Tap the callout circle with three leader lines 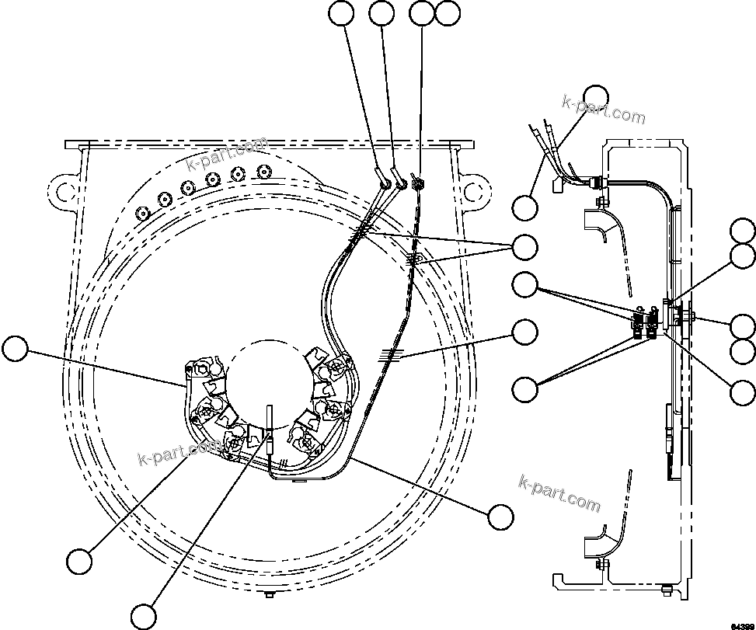point(526,246)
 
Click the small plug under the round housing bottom point(268,594)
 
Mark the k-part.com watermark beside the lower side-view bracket point(559,494)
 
